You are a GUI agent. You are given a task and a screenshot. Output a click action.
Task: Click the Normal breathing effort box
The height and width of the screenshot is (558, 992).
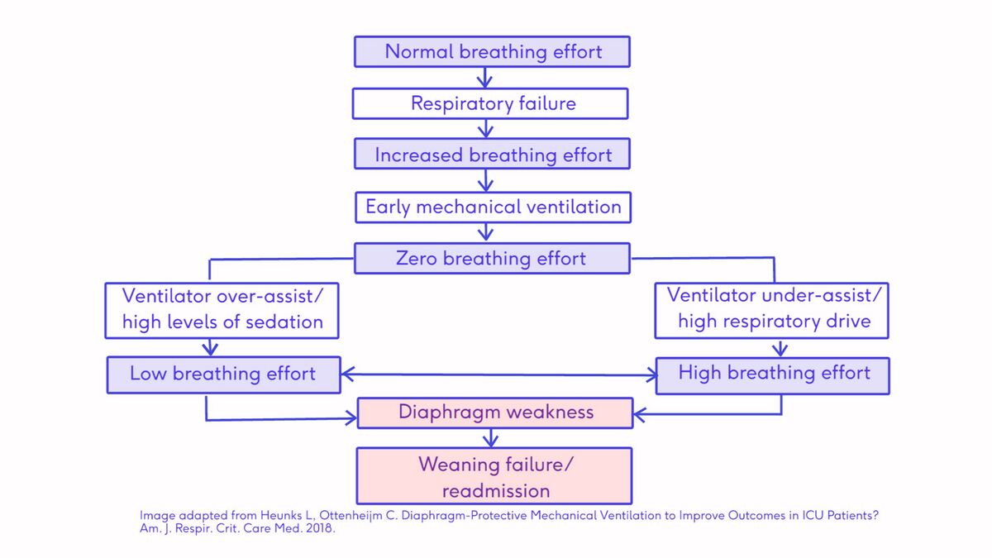492,52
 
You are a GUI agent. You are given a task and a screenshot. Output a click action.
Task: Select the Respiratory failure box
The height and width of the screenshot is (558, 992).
490,103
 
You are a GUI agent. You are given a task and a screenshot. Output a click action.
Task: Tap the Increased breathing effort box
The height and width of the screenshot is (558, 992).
492,154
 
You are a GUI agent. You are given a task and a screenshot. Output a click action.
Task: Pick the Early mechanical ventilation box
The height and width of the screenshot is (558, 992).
493,207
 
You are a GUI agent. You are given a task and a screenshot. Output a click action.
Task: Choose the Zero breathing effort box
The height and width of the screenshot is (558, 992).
492,258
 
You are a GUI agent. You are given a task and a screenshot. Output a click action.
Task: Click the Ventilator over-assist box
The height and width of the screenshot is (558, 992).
222,311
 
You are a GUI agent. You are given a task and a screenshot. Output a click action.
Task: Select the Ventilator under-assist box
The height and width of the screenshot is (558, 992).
772,311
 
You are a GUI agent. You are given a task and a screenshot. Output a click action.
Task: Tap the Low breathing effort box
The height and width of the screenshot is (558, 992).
224,375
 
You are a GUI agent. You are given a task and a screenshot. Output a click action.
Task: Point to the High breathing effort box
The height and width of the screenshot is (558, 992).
773,375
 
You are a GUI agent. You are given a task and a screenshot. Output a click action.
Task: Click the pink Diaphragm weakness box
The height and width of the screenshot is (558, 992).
495,413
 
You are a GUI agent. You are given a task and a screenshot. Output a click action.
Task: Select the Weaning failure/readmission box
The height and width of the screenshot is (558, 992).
494,476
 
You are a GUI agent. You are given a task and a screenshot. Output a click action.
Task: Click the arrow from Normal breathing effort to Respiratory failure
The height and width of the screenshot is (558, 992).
485,78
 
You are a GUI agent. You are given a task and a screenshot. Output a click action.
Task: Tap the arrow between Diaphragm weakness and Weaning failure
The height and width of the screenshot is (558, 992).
491,438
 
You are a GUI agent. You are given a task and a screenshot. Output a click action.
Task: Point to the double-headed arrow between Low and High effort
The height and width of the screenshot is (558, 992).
498,374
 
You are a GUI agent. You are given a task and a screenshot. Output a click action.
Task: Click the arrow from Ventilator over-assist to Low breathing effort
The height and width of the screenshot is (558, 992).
210,348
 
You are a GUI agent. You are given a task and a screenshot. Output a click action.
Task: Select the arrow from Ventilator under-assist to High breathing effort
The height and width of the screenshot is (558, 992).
780,349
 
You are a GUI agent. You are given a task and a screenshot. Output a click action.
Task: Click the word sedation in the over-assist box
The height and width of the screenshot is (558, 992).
284,322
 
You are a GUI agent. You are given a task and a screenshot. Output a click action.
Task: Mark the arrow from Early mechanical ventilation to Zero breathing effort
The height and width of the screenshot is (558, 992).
486,232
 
